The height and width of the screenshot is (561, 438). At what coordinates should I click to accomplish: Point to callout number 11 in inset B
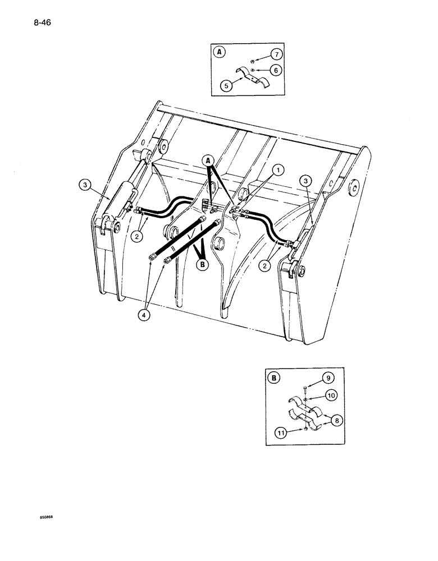coord(280,431)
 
